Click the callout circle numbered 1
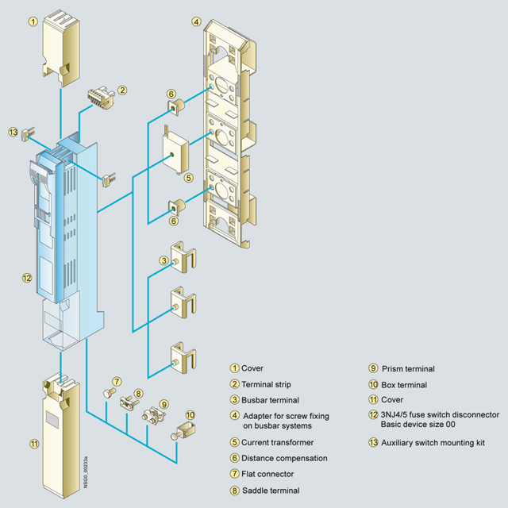[33, 21]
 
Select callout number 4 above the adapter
[197, 21]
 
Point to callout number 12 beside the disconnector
[27, 279]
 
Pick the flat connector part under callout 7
[111, 394]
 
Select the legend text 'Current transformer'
[278, 442]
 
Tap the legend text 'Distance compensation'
[284, 458]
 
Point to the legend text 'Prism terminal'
[408, 368]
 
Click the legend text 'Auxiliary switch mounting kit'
[434, 442]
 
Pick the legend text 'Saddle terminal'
[271, 491]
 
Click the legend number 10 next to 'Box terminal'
[373, 385]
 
